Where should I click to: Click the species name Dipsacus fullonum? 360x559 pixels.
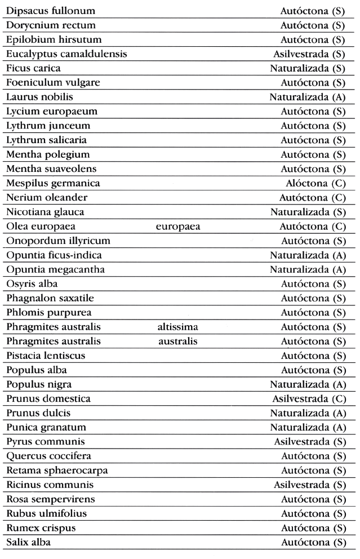[x=51, y=11]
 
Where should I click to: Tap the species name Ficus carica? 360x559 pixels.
[x=34, y=69]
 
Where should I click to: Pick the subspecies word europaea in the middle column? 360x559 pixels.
[x=179, y=227]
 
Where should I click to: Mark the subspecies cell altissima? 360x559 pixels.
[x=179, y=327]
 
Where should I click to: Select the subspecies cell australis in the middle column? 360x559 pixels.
[x=179, y=341]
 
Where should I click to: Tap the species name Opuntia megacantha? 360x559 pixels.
[x=56, y=269]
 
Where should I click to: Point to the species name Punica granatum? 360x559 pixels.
[x=46, y=428]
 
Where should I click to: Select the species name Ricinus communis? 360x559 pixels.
[x=50, y=485]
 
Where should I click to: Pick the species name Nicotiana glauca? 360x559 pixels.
[x=46, y=212]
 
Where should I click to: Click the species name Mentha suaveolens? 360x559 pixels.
[x=51, y=169]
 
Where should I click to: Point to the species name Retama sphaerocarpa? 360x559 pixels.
[x=57, y=471]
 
